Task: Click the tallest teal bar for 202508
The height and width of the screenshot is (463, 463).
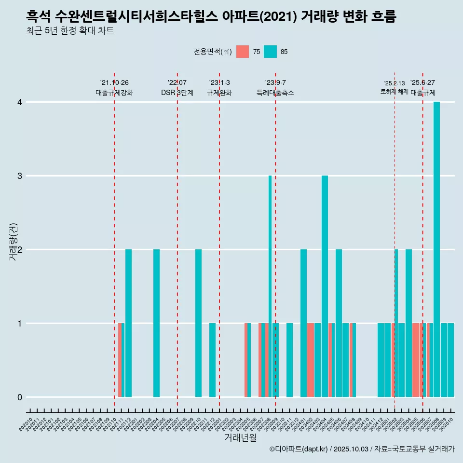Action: (436, 249)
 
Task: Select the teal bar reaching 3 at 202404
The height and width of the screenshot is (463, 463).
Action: (325, 286)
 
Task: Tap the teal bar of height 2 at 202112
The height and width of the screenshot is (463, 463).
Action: (128, 323)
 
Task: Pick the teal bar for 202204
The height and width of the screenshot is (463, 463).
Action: (156, 323)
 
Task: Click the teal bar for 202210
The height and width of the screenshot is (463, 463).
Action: (198, 323)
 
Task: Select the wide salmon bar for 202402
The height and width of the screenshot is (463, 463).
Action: (311, 360)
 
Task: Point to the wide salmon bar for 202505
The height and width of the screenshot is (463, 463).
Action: (416, 360)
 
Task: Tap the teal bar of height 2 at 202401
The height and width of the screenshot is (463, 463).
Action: (303, 323)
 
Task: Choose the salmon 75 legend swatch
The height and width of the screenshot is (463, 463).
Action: (243, 52)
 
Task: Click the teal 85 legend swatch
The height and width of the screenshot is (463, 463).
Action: (271, 52)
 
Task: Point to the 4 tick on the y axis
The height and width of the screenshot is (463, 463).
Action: (20, 102)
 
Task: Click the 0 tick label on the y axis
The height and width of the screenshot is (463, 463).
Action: (20, 397)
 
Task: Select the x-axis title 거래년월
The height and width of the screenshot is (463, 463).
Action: (240, 437)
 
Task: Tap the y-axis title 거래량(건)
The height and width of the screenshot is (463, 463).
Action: (14, 242)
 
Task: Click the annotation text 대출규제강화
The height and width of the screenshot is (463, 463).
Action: (114, 93)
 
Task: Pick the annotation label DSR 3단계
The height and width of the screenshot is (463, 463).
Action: (177, 93)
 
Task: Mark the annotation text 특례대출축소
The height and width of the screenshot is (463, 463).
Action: (275, 93)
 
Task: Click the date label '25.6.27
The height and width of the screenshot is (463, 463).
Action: (422, 82)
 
